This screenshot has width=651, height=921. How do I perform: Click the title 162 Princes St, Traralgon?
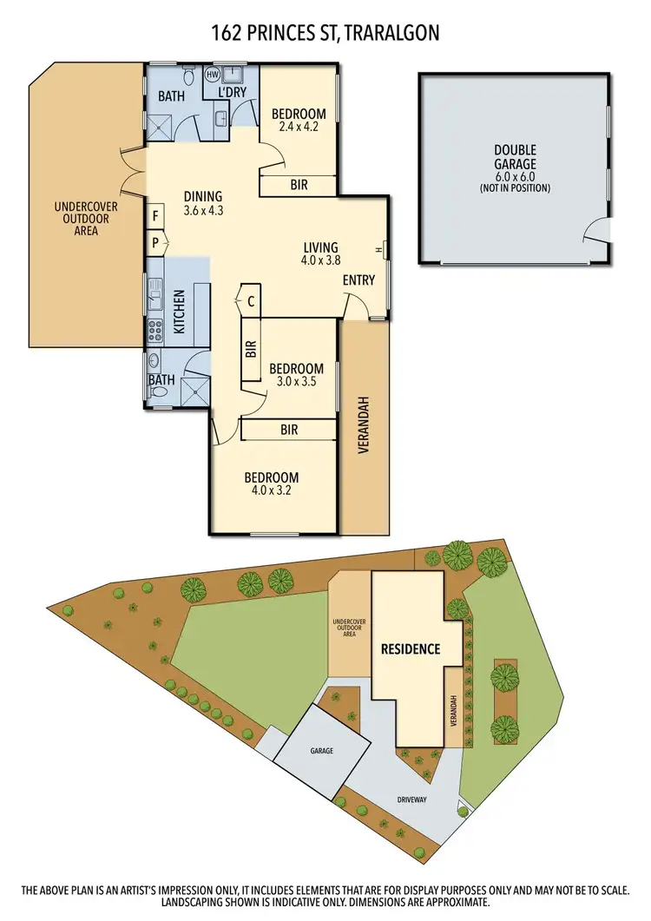325,34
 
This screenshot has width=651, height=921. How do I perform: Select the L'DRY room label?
233,92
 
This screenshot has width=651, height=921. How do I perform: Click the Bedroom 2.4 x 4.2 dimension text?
299,127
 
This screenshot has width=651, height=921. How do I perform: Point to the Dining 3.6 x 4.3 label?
203,202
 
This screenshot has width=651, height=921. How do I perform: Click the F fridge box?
155,215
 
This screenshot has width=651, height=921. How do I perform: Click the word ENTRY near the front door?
359,280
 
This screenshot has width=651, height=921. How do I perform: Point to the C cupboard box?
250,301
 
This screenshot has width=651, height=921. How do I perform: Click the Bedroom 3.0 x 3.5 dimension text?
296,380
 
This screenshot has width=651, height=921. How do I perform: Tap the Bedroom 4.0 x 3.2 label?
271,484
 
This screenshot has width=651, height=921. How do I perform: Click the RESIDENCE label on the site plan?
410,648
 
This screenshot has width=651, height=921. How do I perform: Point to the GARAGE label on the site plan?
321,749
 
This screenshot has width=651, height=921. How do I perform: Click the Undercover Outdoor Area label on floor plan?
86,219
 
